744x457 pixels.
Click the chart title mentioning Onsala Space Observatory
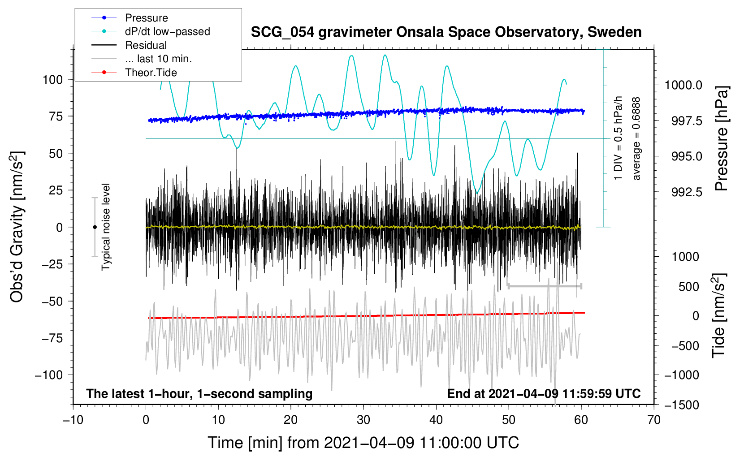446,32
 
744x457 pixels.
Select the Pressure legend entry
146,18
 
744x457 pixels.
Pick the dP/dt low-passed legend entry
167,31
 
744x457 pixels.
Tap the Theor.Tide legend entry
151,73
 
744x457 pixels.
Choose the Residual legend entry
146,45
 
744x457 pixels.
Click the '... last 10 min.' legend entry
158,59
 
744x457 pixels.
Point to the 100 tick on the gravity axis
52,80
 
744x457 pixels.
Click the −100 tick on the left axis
49,375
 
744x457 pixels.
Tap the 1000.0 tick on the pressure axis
683,85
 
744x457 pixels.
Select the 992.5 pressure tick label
687,192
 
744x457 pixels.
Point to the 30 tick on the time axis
363,420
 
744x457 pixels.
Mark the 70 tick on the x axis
654,420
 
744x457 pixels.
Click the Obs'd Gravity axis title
17,227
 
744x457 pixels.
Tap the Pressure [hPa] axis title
722,139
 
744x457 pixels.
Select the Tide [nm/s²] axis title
718,315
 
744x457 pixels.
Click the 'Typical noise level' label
106,227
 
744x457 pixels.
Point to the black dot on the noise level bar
95,227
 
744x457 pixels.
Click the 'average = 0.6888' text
636,139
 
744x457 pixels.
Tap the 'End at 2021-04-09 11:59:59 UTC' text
544,394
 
